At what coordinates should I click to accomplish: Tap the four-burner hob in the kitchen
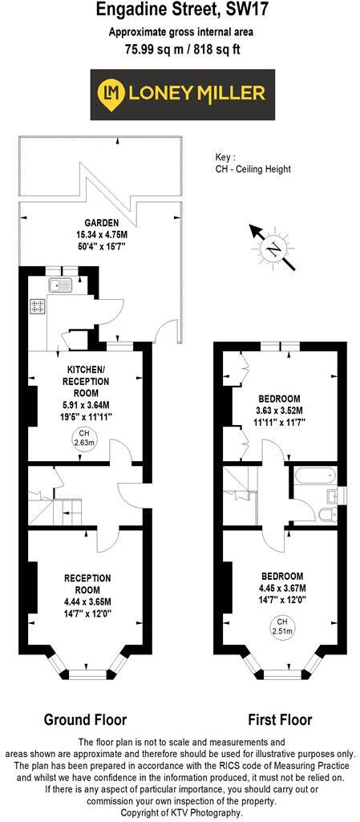[x=37, y=306]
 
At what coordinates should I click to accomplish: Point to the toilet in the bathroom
[x=328, y=513]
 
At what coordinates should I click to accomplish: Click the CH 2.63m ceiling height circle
[x=85, y=439]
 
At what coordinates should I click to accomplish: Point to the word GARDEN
[x=103, y=223]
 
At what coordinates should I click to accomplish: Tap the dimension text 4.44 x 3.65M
[x=88, y=602]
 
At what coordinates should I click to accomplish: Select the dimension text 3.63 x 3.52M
[x=279, y=411]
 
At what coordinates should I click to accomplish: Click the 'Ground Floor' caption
[x=85, y=719]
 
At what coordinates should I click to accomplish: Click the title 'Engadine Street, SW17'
[x=181, y=11]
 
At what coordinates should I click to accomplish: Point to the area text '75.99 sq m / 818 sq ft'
[x=181, y=49]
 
